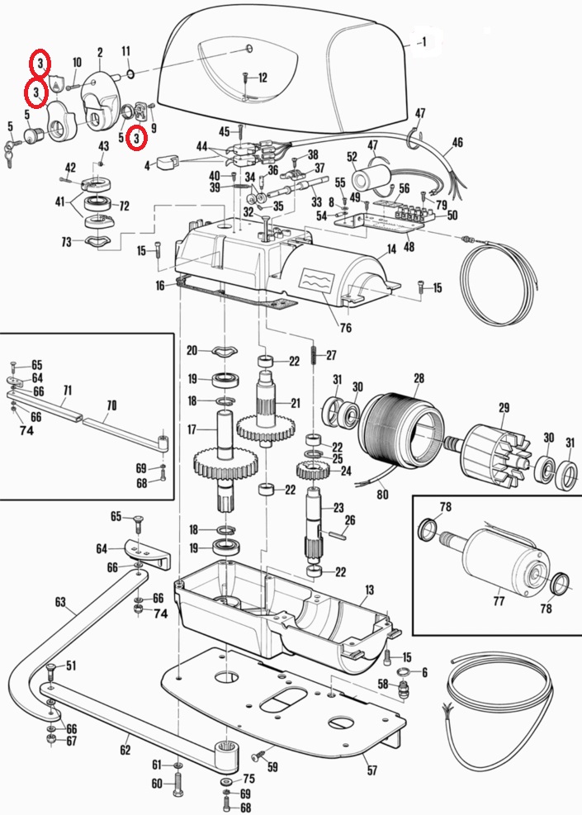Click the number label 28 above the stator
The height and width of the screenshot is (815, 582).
tap(419, 378)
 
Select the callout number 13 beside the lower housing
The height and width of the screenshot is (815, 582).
tap(369, 590)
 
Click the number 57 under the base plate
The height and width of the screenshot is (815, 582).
tap(371, 770)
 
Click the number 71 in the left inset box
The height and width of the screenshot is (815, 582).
tap(67, 390)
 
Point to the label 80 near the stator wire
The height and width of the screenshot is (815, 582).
tap(381, 495)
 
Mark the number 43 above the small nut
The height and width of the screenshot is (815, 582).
tap(103, 146)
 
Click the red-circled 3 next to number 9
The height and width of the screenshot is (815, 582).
tap(138, 139)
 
